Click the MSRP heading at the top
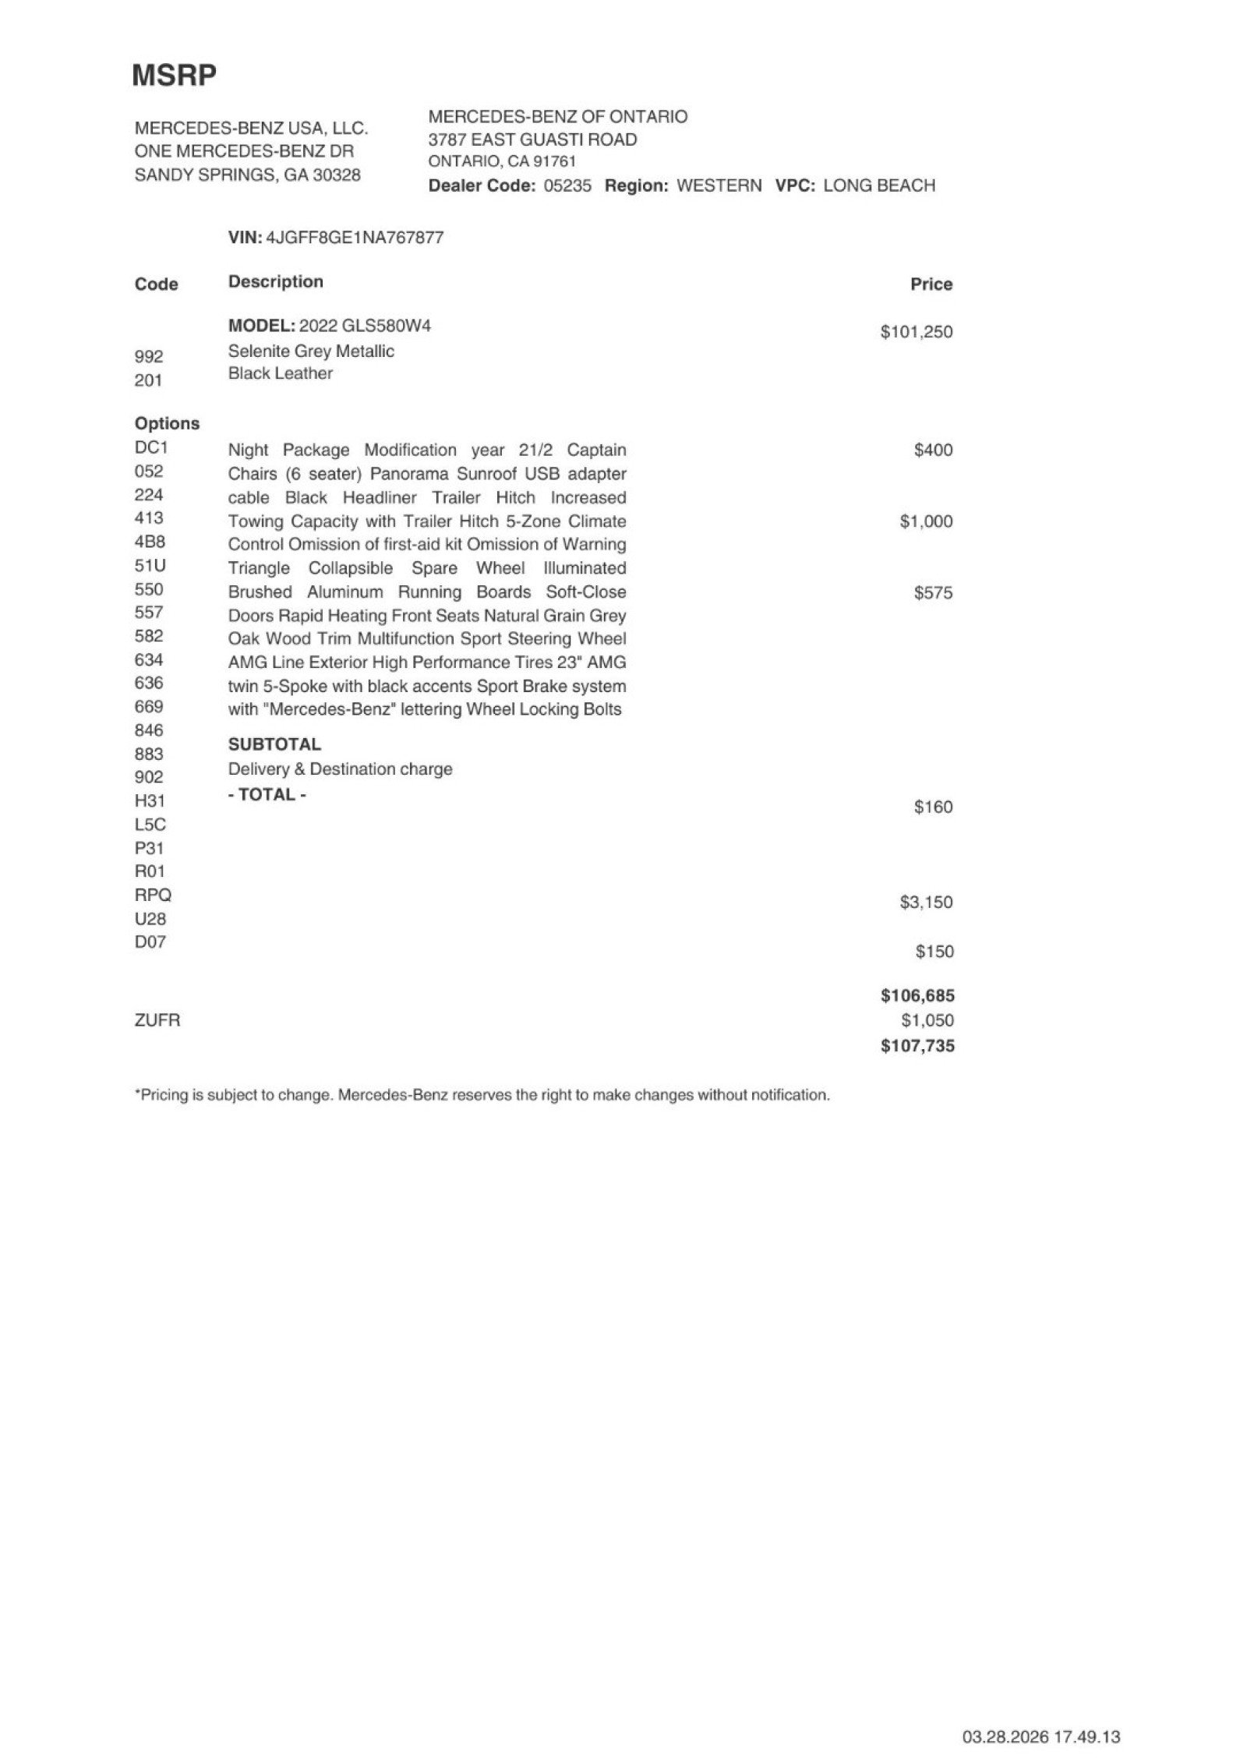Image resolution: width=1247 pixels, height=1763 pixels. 174,76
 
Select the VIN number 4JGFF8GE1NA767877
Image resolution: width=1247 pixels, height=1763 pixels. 355,238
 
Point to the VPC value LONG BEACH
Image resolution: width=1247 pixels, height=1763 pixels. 878,185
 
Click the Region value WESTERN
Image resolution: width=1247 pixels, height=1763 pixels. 719,185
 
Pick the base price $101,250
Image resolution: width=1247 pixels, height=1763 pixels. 916,332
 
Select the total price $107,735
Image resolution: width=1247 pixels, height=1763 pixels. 917,1046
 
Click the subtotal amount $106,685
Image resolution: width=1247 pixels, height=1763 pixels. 917,995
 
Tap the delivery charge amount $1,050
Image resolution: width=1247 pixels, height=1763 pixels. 927,1020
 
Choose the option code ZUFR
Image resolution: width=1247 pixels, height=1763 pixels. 157,1020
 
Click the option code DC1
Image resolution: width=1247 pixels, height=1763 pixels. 151,447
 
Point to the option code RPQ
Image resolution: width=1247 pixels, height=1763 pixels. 153,895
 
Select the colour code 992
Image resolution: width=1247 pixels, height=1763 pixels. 149,356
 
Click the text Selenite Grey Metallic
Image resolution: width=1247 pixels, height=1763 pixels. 311,352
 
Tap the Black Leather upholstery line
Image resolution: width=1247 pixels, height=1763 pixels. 280,373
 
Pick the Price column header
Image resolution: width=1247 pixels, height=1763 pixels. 931,284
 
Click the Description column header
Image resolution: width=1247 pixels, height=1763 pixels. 275,281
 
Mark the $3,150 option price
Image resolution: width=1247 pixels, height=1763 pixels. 926,903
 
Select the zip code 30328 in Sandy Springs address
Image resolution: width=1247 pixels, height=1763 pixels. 336,175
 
